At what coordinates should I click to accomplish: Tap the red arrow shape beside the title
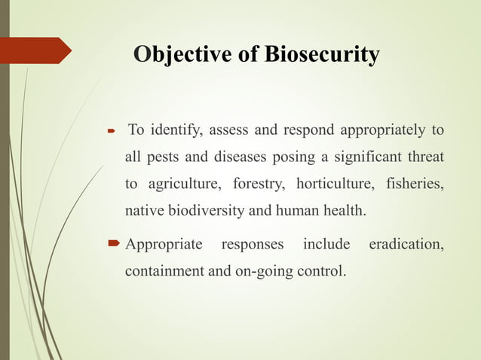(38, 50)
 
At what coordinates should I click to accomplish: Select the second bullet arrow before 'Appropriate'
(114, 245)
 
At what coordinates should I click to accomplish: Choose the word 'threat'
(424, 157)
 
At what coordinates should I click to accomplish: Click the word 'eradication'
(404, 245)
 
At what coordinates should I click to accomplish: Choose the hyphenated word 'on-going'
(264, 271)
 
